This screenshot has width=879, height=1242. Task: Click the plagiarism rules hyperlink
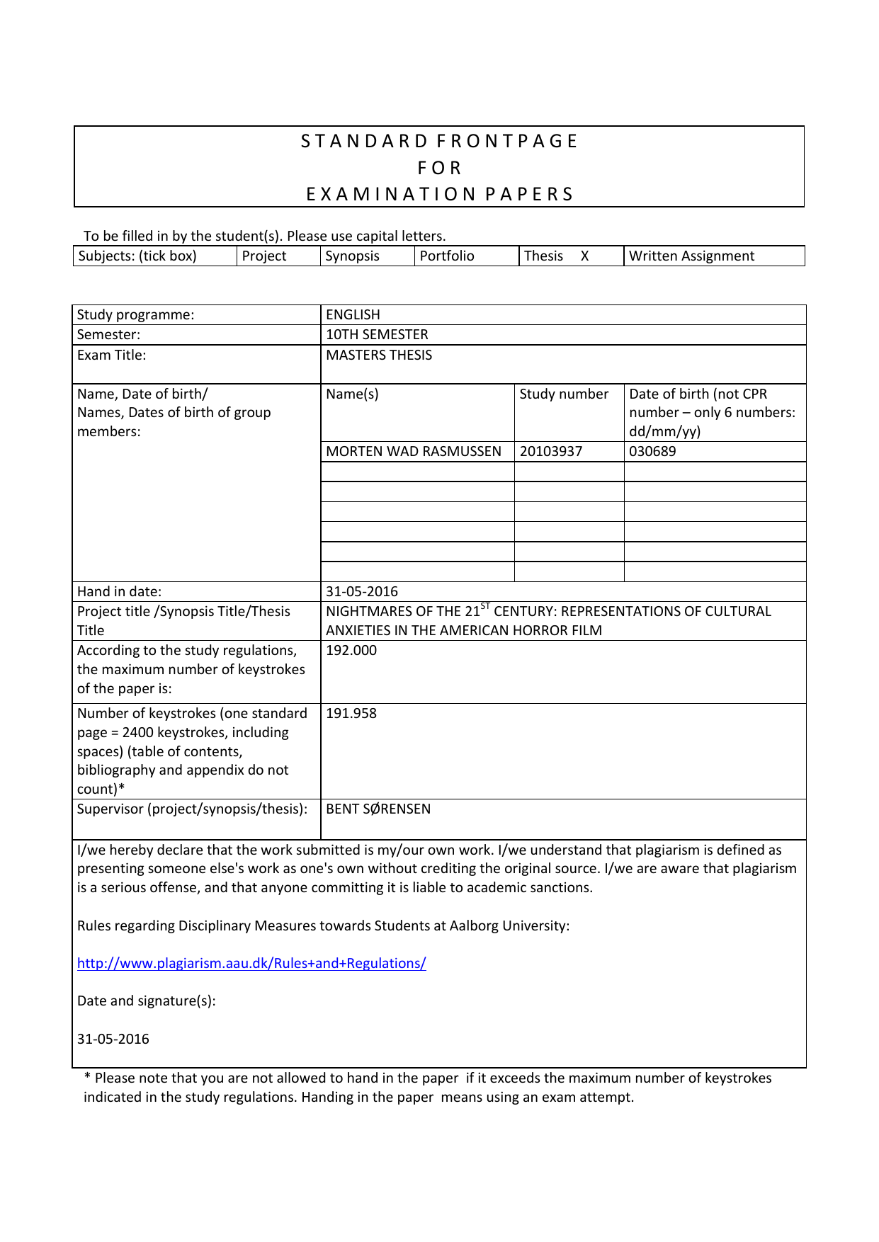point(251,963)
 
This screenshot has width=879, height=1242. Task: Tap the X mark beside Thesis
point(585,256)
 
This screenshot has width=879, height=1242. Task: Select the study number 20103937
point(551,451)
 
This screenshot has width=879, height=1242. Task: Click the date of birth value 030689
point(652,451)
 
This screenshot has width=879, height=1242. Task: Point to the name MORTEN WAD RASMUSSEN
point(414,451)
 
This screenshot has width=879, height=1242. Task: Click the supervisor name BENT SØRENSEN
point(378,809)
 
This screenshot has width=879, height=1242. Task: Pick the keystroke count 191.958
point(351,713)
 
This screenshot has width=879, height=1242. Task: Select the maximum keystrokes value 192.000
point(351,650)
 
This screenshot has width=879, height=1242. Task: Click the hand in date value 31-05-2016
point(362,591)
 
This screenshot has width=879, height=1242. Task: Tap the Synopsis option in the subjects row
point(353,256)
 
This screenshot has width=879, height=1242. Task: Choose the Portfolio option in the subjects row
point(447,256)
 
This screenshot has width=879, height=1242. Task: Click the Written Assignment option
point(692,256)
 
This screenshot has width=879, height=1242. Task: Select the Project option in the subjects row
point(264,256)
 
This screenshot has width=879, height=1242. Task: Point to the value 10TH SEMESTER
point(377,334)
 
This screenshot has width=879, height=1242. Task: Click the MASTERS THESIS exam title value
point(379,355)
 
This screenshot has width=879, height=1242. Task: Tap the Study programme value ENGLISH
point(353,314)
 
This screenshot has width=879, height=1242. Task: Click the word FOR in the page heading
point(439,168)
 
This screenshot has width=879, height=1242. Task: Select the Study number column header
point(564,394)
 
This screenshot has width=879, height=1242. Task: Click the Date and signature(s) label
point(147,1001)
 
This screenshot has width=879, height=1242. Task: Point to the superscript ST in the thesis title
point(485,606)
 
